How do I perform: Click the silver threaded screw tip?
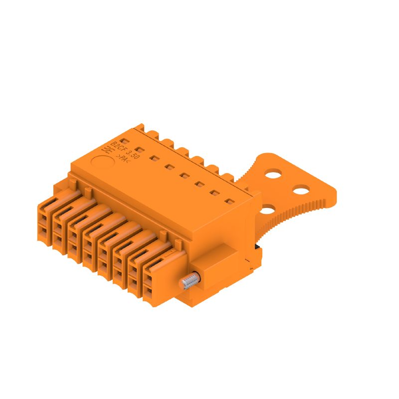(189, 282)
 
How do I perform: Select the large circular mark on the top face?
(102, 163)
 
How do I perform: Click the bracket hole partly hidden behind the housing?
(267, 209)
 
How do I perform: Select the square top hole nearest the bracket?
(230, 202)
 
